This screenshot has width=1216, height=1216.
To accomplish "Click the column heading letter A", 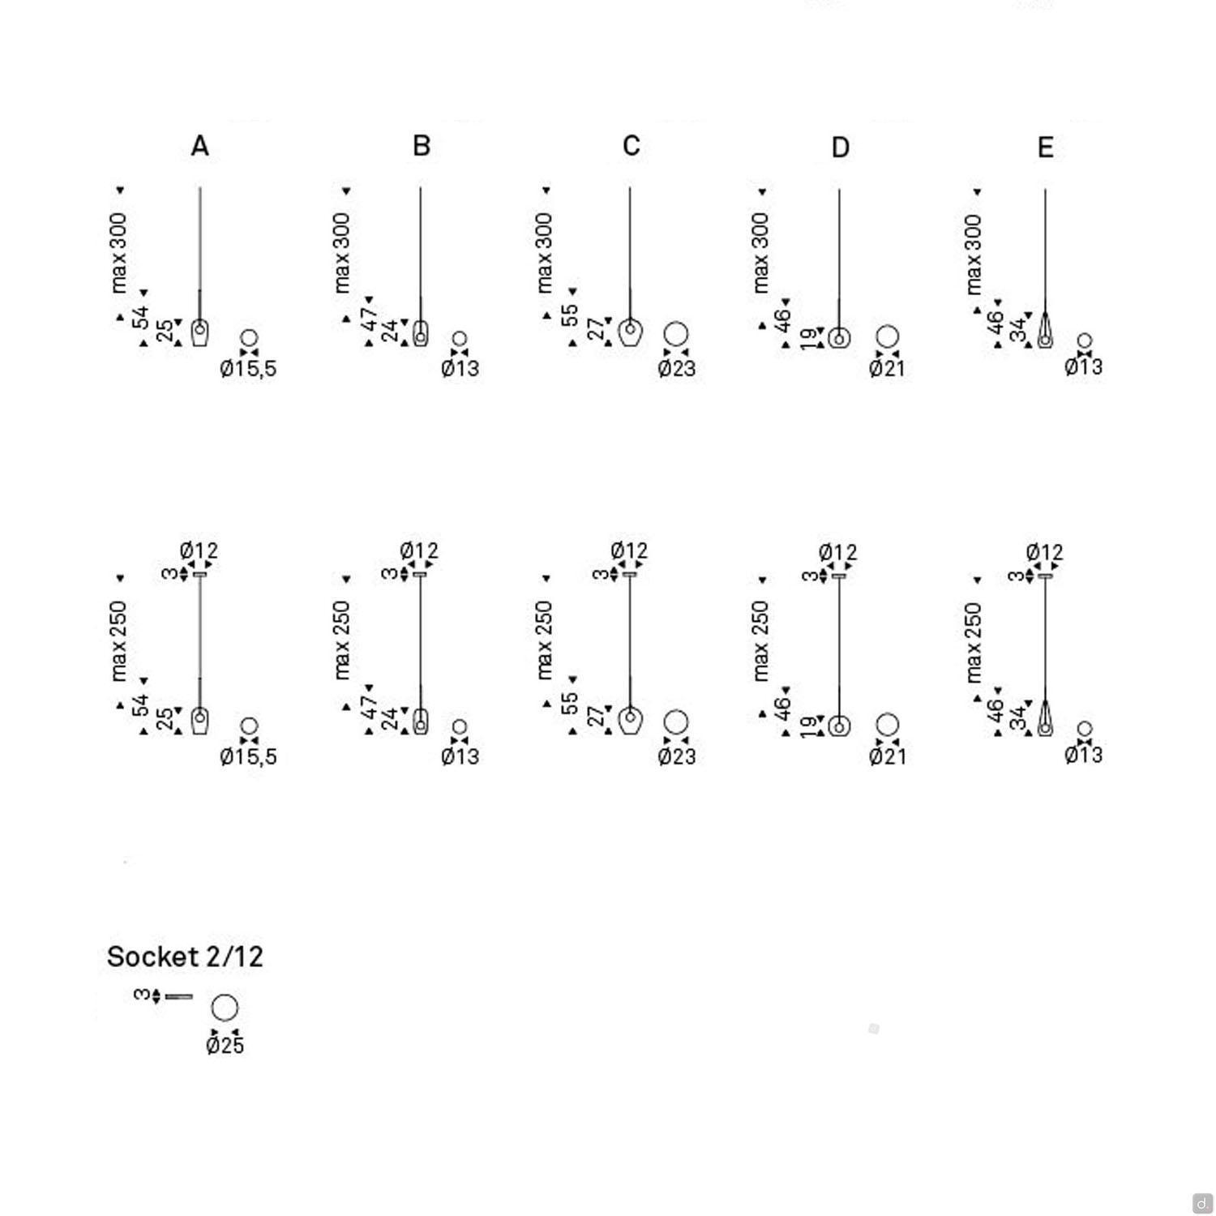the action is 199,146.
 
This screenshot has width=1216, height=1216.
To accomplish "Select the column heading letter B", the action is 421,146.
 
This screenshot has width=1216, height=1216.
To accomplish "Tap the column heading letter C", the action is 632,146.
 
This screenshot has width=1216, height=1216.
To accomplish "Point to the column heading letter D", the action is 840,148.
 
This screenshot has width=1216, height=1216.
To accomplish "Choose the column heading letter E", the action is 1045,148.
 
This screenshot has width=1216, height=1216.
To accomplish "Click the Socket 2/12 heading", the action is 185,957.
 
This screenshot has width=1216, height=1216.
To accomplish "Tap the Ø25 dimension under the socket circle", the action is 225,1046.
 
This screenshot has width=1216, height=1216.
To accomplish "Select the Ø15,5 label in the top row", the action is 248,369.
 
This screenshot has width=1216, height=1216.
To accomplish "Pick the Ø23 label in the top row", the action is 676,369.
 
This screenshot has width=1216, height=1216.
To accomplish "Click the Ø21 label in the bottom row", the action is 887,756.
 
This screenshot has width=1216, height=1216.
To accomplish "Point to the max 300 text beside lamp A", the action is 119,253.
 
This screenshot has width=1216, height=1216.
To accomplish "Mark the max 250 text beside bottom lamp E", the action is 974,642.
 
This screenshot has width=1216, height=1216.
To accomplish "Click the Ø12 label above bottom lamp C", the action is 629,551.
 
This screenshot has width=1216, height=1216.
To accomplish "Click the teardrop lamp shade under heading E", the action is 1045,331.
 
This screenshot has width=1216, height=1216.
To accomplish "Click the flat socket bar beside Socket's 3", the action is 178,995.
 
